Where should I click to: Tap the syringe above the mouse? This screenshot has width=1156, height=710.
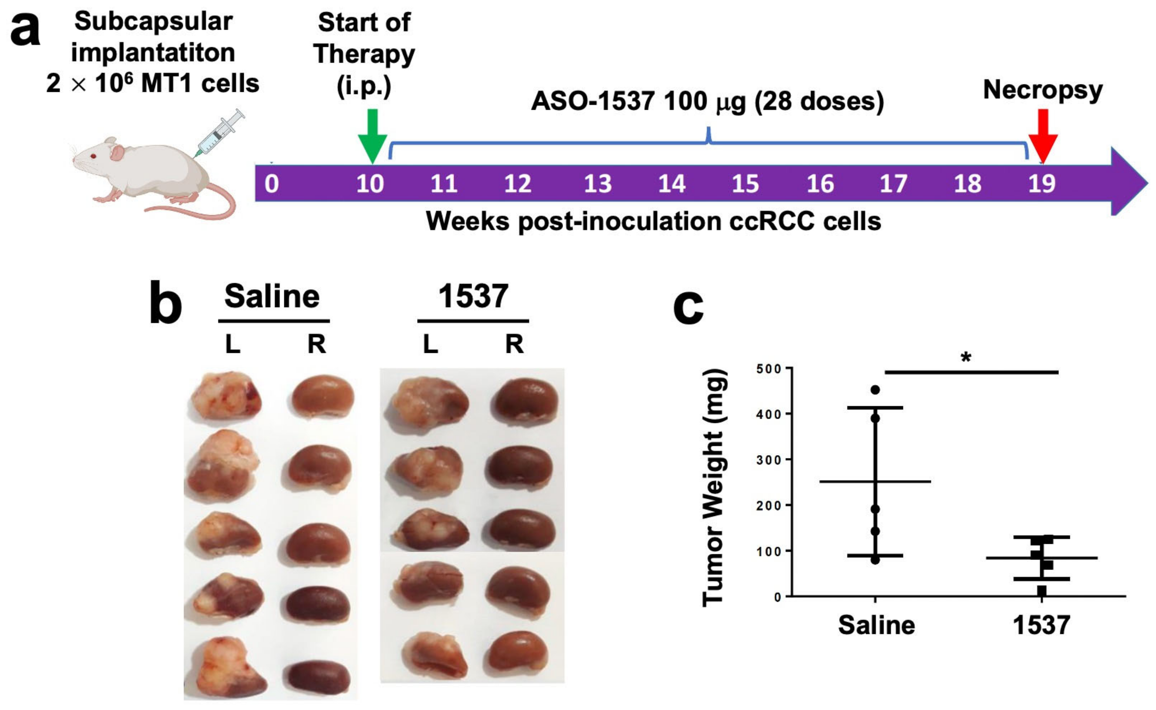coord(220,133)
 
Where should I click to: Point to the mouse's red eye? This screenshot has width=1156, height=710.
coord(93,156)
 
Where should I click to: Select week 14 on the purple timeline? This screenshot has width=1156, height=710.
coord(671,183)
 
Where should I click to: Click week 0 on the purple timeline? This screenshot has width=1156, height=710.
coord(271,183)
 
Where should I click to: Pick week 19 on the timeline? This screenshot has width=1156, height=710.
coord(1042,183)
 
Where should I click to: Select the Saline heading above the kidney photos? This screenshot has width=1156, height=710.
coord(272,297)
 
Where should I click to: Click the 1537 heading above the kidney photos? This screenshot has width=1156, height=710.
coord(473,297)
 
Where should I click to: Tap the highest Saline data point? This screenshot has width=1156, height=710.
coord(875,390)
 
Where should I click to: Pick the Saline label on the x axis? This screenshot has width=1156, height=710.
coord(876,626)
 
